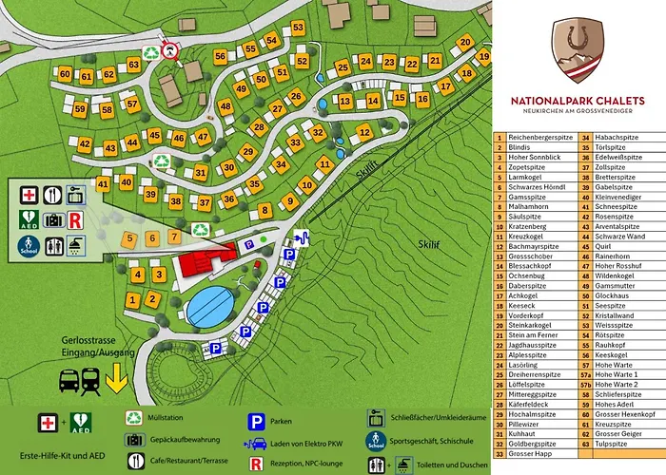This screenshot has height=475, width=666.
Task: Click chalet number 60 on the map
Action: pyautogui.click(x=65, y=74)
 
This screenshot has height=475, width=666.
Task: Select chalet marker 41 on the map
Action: pyautogui.click(x=103, y=183)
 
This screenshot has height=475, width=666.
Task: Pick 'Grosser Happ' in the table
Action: pyautogui.click(x=529, y=453)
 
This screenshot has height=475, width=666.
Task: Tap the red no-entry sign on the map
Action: pyautogui.click(x=171, y=50)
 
